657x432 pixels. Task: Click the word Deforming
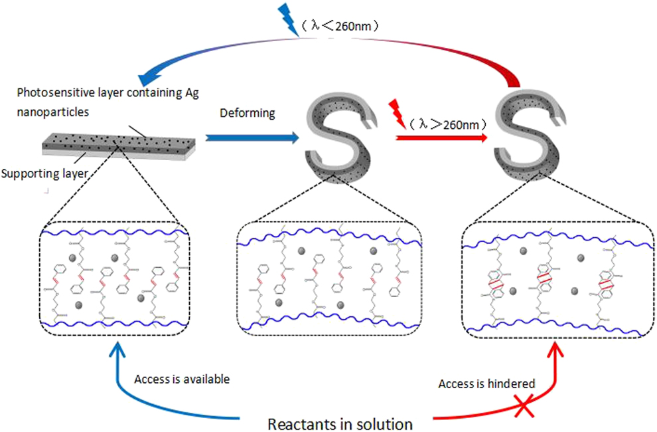tap(248, 113)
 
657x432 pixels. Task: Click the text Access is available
tap(182, 379)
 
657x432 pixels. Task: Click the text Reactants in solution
tap(340, 423)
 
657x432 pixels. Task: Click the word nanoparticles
tap(47, 112)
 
